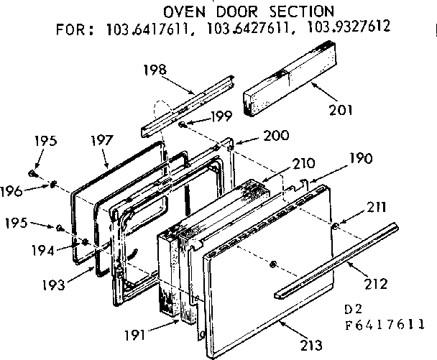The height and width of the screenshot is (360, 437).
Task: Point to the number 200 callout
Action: point(257,136)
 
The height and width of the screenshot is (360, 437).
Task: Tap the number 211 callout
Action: point(376,208)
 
